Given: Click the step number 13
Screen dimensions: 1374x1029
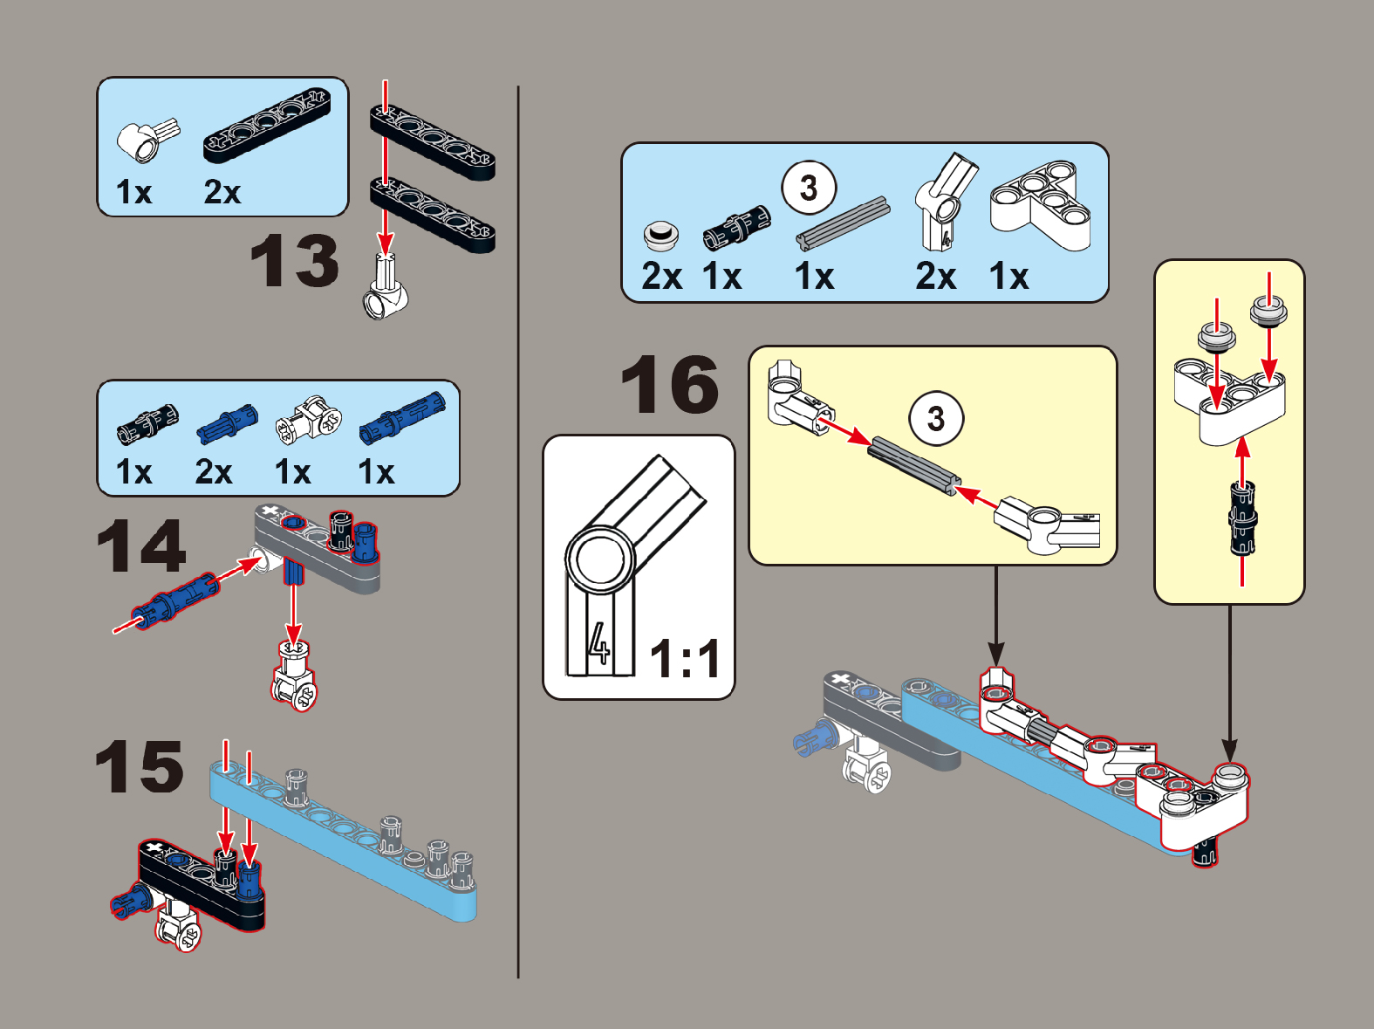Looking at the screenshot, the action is [294, 261].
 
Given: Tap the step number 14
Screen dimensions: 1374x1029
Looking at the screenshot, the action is [141, 546].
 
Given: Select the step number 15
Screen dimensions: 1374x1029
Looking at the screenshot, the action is [140, 765].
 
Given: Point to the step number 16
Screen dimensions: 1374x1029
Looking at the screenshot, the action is [670, 384].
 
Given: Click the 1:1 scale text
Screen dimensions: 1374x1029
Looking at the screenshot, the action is [685, 659].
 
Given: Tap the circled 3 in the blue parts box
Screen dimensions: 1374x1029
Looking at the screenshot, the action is [809, 188].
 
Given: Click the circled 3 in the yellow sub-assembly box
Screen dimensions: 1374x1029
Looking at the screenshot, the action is [936, 418].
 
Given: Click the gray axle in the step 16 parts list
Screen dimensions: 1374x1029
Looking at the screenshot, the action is [844, 223].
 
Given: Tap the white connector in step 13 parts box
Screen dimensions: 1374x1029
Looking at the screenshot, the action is [147, 139].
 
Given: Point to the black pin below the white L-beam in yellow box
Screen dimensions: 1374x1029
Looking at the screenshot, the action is [1242, 518].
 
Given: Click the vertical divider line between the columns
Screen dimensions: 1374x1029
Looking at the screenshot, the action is [518, 532].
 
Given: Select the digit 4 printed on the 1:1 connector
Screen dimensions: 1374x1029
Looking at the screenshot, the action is [599, 643].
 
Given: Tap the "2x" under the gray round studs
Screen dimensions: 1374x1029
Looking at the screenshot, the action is [661, 276].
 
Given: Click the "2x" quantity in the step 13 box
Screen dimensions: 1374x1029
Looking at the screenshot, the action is [222, 192].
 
